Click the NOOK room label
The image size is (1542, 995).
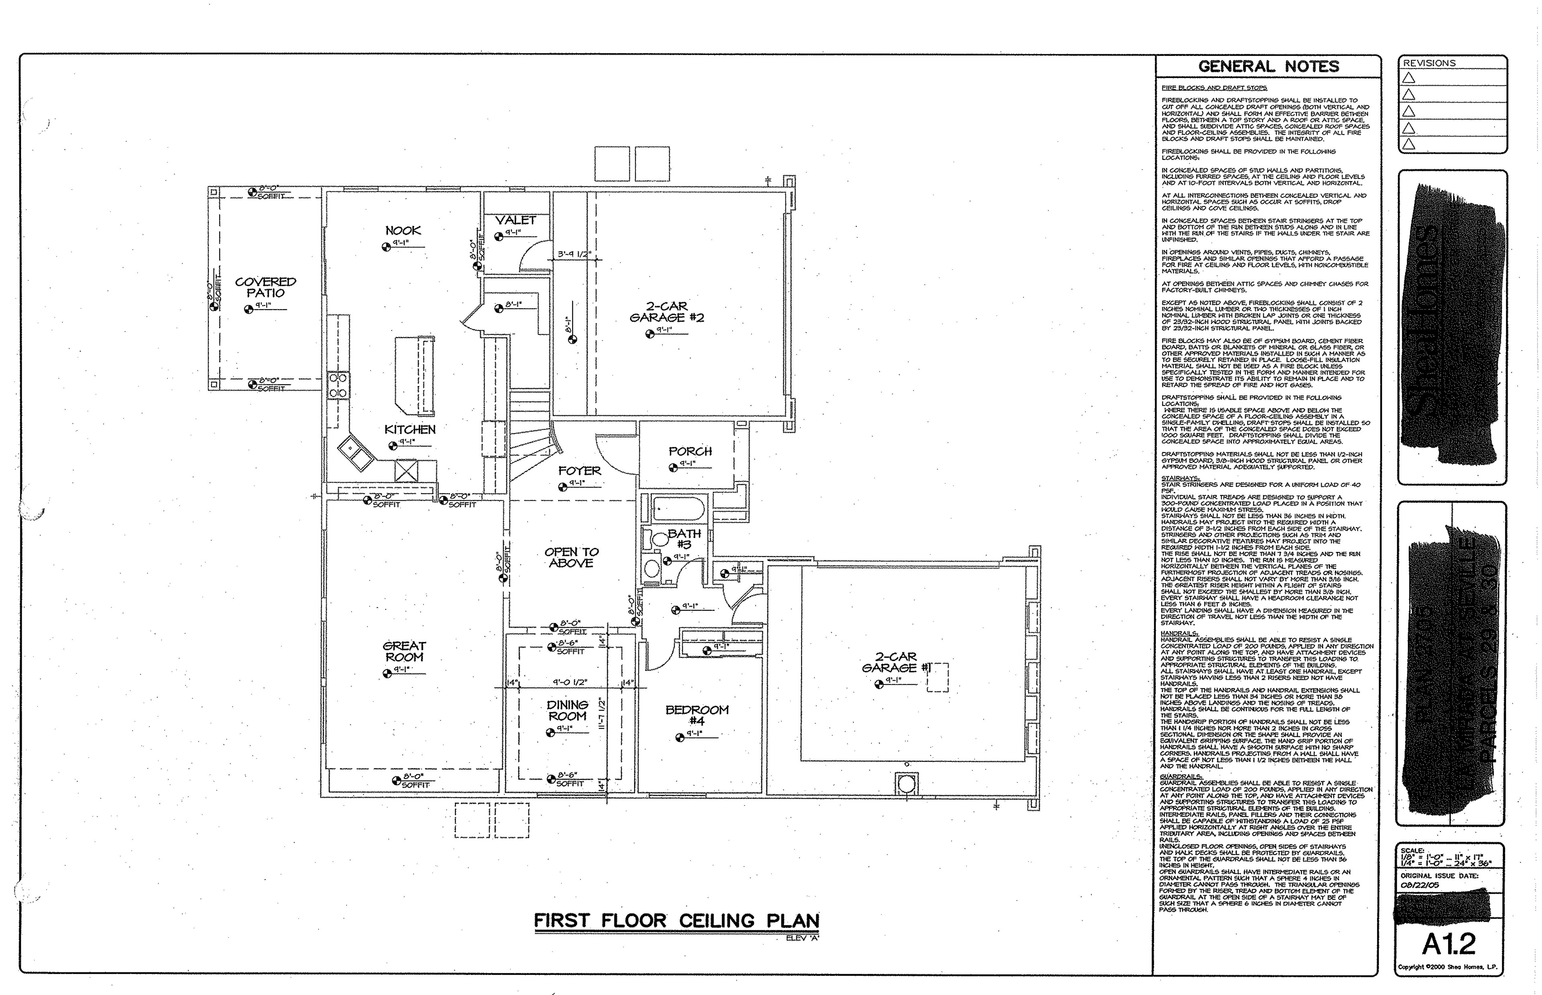(x=403, y=230)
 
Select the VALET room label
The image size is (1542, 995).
(x=516, y=220)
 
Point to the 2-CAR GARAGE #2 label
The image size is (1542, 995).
(x=667, y=312)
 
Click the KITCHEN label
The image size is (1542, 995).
(x=410, y=430)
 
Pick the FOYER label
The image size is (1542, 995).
(x=579, y=471)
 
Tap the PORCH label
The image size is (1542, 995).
(x=690, y=451)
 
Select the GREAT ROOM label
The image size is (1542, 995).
(x=404, y=651)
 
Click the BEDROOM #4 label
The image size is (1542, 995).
(x=697, y=715)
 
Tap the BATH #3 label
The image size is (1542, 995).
(x=684, y=539)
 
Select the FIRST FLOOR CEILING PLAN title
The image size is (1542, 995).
(x=676, y=921)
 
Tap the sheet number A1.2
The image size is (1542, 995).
(x=1449, y=944)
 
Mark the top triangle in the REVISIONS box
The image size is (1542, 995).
(x=1409, y=78)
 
